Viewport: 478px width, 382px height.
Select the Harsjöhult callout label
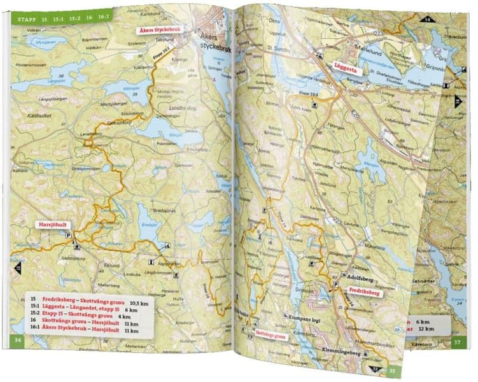coord(55,224)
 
